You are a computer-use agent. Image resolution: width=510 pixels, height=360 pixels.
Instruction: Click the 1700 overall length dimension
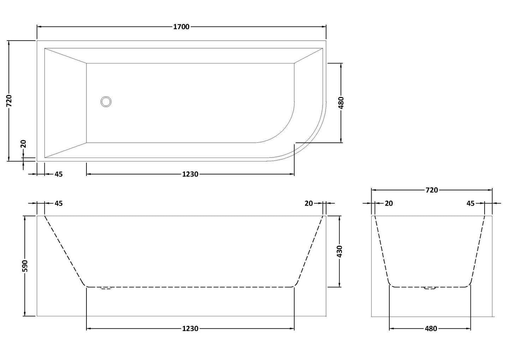181,27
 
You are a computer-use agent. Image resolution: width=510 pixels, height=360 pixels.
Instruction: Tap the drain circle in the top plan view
106,102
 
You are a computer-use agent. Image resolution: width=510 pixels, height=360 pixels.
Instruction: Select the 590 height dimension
25,266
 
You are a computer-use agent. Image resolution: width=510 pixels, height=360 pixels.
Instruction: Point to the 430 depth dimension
340,251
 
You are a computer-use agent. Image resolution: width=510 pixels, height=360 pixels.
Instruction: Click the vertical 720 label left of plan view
9,101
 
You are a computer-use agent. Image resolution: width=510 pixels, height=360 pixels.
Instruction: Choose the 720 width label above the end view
431,190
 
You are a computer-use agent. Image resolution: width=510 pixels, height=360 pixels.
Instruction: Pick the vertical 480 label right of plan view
341,103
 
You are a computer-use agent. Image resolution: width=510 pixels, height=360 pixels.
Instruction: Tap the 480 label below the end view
431,329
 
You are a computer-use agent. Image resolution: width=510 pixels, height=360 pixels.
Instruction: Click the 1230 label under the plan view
190,174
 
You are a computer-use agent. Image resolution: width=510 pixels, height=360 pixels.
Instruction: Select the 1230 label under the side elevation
190,329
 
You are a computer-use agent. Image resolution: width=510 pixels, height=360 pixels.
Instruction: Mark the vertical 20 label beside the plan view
23,144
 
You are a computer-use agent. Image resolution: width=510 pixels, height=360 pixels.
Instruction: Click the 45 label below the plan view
59,174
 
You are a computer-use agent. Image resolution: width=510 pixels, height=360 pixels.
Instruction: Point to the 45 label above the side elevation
59,203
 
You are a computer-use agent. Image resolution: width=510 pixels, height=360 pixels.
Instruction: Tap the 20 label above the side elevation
308,203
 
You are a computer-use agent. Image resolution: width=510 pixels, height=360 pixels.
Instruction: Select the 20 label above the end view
389,203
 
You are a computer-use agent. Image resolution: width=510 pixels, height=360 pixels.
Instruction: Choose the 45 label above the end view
470,203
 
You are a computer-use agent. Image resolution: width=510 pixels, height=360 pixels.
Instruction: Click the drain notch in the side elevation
106,288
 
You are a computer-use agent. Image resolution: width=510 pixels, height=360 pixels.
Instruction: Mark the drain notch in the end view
430,288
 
